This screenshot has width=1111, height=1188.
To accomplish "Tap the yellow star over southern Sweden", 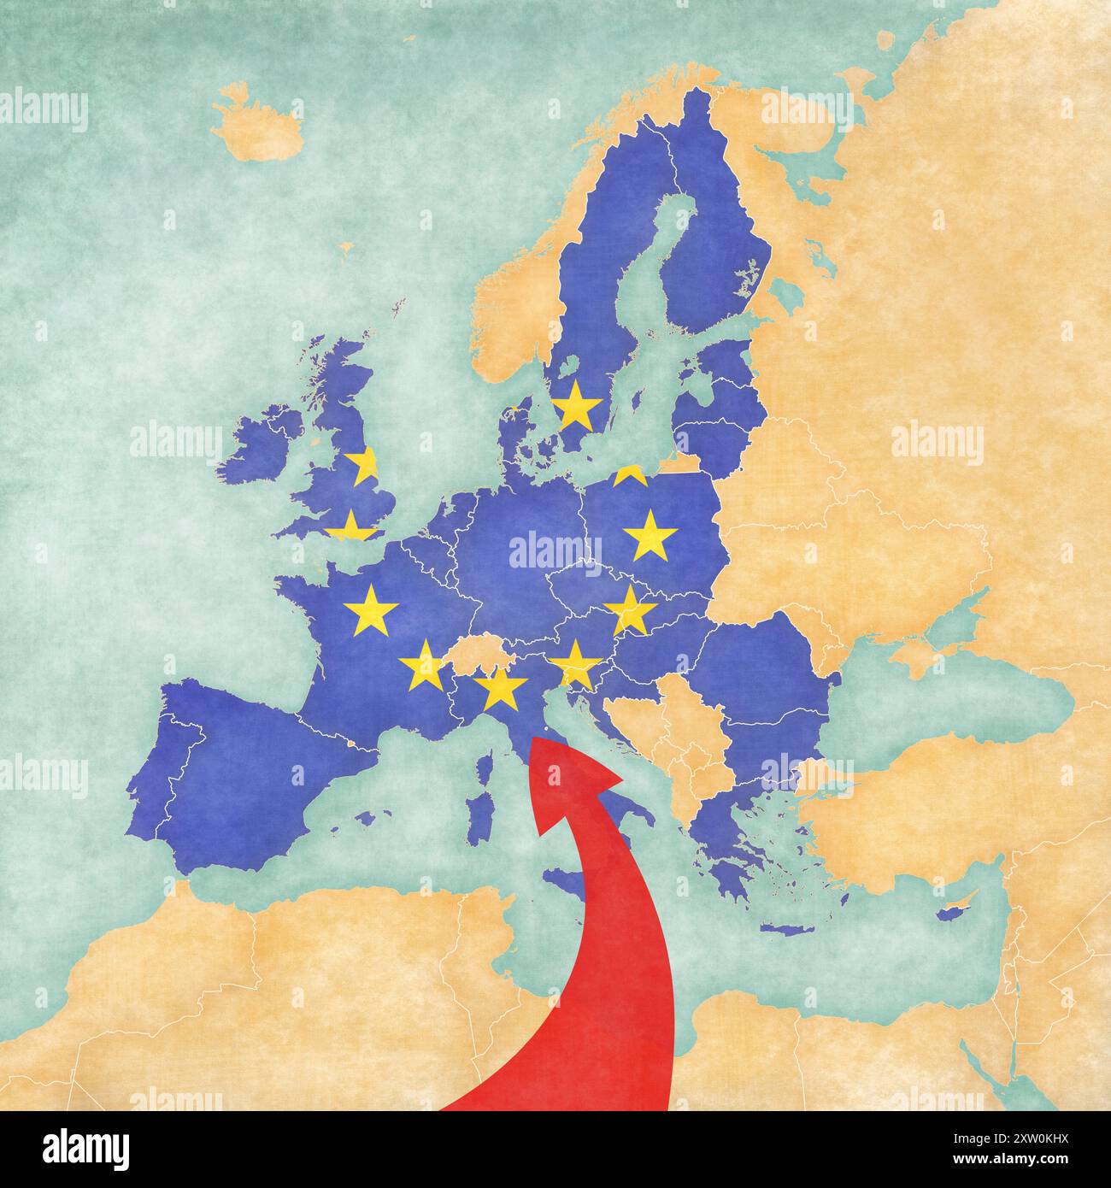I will click(576, 405).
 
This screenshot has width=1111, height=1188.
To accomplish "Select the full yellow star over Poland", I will click(650, 536).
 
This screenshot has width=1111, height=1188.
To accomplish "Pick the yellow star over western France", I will click(371, 610).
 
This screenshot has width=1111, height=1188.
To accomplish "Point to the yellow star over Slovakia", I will click(630, 610).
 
